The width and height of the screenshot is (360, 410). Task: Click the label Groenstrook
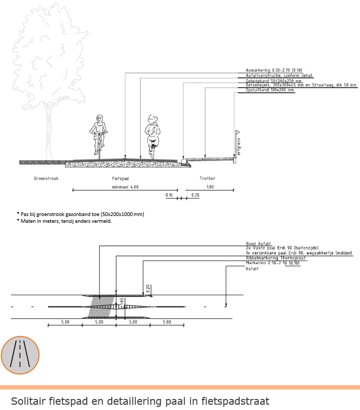point(46,178)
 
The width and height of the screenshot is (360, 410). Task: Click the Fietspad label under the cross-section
point(121,178)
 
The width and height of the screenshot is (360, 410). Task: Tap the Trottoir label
point(208,178)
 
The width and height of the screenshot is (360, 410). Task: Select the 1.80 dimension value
point(209,187)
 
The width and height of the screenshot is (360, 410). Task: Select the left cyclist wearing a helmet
point(98,134)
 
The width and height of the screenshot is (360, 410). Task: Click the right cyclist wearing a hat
point(152,134)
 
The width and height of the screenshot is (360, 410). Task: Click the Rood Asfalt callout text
point(258,243)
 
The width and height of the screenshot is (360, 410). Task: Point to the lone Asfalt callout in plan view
point(252,268)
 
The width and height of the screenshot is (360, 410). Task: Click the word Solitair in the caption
point(29,402)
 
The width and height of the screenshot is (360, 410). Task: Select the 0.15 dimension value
point(169,195)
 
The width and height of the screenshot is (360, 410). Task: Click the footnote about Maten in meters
point(66,221)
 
